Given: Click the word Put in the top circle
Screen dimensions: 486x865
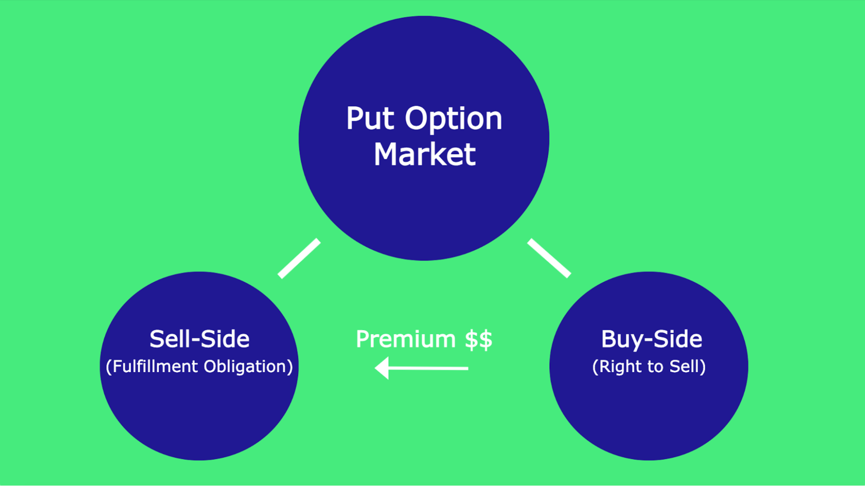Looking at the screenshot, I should click(x=370, y=119).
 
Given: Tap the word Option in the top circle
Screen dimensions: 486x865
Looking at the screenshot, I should click(x=453, y=119).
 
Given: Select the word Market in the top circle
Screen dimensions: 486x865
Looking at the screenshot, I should click(x=424, y=154).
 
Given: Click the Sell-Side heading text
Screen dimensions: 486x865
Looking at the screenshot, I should click(x=199, y=339).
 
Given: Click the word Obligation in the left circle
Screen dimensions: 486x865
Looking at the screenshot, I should click(x=245, y=367).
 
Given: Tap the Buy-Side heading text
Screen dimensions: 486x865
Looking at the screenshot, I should click(x=651, y=339).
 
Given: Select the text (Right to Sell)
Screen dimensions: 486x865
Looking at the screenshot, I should click(x=649, y=367).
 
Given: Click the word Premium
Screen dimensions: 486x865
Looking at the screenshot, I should click(x=405, y=339).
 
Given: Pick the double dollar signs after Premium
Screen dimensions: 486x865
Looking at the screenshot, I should click(x=479, y=339).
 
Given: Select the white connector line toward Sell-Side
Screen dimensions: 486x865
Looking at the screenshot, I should click(x=299, y=258).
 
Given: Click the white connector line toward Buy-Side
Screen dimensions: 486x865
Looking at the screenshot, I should click(x=549, y=258).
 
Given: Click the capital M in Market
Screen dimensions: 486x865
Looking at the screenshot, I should click(x=387, y=154).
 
